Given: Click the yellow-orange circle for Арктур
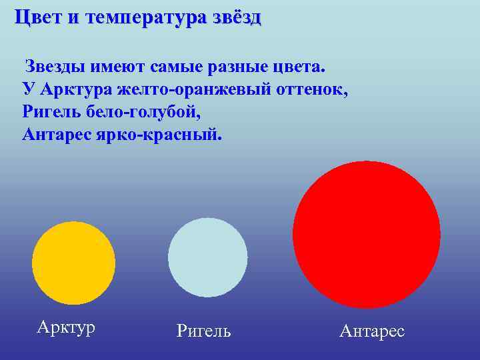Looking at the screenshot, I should point(73,263).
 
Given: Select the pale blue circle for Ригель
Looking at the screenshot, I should point(207,257).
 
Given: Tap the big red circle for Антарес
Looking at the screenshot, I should point(366,234).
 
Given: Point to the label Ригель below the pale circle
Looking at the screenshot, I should point(204,331).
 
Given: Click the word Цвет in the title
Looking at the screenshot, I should point(38,17).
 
